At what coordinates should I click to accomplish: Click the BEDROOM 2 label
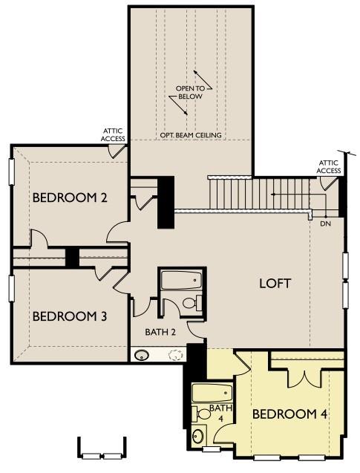click(x=71, y=198)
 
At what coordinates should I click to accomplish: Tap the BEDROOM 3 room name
click(x=70, y=316)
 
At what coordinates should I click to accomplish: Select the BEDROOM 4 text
click(x=290, y=414)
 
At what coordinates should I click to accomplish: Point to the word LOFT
click(x=275, y=283)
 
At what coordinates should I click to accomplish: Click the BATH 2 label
click(x=160, y=332)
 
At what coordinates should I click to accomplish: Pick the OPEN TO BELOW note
click(x=189, y=92)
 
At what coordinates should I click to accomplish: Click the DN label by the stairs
click(x=325, y=223)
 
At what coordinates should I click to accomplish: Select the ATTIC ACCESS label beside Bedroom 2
click(x=114, y=134)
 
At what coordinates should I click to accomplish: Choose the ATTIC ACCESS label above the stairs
click(x=329, y=166)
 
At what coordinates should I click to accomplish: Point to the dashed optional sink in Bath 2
click(x=175, y=355)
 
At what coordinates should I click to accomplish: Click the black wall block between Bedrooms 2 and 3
click(x=72, y=257)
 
